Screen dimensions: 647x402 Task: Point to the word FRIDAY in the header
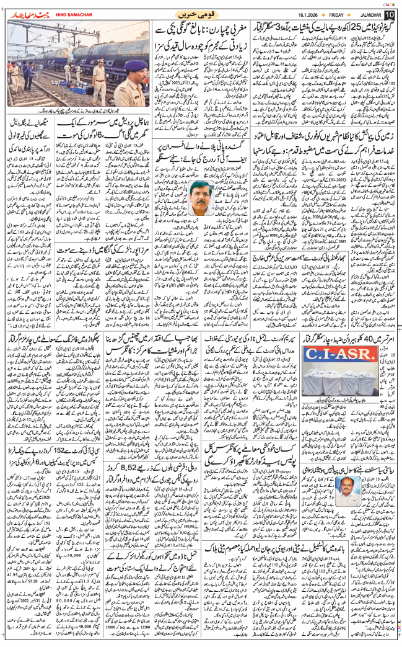click(323, 14)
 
